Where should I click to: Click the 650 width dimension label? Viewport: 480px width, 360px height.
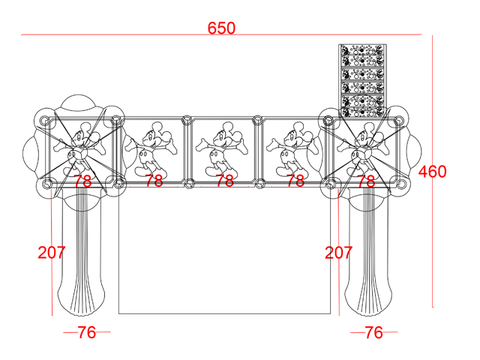221,28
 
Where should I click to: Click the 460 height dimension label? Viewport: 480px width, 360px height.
432,172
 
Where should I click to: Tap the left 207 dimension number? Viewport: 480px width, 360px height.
52,253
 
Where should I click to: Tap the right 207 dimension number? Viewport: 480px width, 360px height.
338,253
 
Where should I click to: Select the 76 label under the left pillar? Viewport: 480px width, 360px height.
87,332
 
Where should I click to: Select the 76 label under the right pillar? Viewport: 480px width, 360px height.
373,332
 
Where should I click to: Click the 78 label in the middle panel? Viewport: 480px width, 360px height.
225,181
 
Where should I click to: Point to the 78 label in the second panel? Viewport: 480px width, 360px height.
154,181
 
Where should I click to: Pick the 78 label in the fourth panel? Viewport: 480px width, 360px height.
295,181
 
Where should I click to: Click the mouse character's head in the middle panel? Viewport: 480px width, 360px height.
226,135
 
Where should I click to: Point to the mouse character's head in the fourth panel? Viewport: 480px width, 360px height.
297,135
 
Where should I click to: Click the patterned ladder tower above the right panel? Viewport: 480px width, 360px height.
362,80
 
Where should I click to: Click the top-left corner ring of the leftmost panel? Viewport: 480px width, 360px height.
44,119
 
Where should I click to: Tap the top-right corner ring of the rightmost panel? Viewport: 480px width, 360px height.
399,119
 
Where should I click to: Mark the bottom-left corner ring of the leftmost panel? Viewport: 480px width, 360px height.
46,184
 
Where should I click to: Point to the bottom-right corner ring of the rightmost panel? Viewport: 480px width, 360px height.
402,184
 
